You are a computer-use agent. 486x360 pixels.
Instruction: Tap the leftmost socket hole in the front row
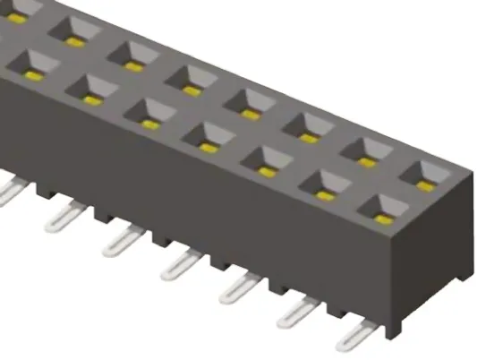tap(33, 63)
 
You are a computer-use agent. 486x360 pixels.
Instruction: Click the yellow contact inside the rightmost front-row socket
tap(383, 218)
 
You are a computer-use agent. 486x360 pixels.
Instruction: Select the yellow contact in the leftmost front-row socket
tap(36, 70)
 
